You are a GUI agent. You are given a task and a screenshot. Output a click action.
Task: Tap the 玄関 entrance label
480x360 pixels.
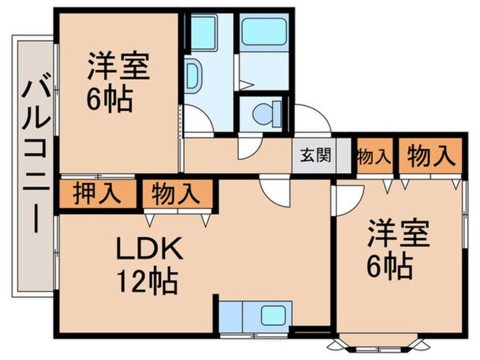click(x=314, y=154)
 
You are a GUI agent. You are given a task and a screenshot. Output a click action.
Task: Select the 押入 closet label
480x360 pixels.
click(x=97, y=194)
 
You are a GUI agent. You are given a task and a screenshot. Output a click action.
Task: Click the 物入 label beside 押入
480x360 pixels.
click(x=176, y=194)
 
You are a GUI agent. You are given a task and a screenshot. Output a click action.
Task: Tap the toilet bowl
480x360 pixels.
click(x=265, y=113)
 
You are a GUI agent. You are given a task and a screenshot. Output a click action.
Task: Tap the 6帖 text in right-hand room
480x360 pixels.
click(x=389, y=265)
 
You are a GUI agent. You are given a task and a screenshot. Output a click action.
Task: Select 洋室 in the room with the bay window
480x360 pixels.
click(x=398, y=234)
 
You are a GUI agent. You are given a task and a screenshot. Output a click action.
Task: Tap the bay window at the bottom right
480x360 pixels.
click(x=377, y=345)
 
